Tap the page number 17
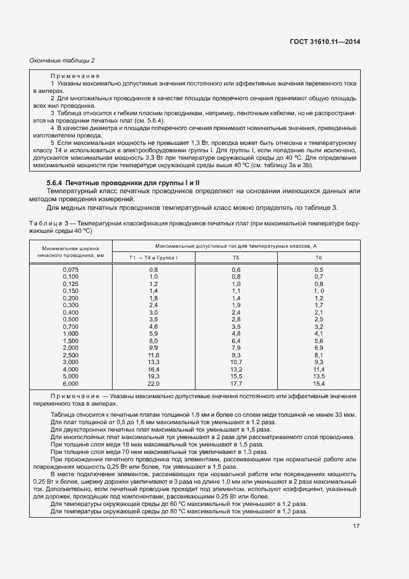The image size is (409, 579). point(356,527)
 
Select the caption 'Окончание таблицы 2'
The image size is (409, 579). point(62,60)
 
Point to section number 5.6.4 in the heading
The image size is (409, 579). point(55,183)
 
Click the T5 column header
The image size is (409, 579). point(236,257)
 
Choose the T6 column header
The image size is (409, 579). point(319,257)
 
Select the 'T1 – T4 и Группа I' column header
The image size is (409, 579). point(153,257)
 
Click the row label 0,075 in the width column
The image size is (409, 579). point(71,269)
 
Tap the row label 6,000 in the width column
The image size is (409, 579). point(71,384)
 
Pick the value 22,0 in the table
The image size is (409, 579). point(153,384)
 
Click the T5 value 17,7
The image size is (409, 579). point(236,384)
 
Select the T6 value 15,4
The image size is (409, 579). point(319,384)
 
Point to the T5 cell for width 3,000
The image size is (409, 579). point(236,362)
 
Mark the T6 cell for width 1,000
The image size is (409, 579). point(319,334)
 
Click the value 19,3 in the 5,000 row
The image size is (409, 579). point(153,377)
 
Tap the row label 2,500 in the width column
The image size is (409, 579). point(71,355)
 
